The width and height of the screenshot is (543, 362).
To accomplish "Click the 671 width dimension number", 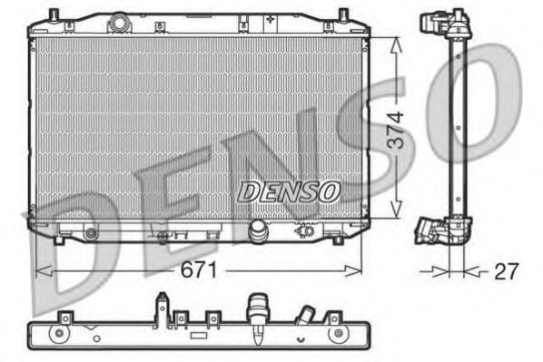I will pyautogui.click(x=202, y=269).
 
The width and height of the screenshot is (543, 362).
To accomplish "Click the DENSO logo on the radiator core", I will pyautogui.click(x=288, y=191).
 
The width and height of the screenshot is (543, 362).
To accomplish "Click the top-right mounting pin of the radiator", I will pyautogui.click(x=342, y=15).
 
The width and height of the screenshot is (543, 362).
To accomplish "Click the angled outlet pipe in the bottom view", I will pyautogui.click(x=305, y=318).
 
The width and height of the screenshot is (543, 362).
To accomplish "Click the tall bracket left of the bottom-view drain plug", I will pyautogui.click(x=162, y=308).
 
